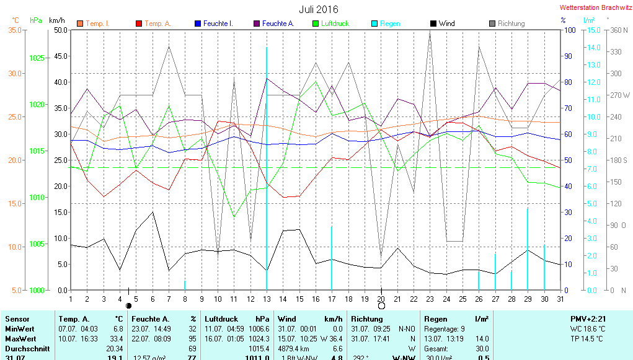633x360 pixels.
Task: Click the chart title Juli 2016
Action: pos(319,9)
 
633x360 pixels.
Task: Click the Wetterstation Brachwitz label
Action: pos(595,8)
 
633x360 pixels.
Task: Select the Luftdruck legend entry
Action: pos(335,24)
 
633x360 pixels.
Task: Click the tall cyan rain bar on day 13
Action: pos(267,167)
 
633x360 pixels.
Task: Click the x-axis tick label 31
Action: pos(560,299)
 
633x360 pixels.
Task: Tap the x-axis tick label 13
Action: pos(267,299)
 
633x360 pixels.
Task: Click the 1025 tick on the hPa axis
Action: pos(37,58)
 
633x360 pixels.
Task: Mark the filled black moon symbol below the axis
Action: pos(128,305)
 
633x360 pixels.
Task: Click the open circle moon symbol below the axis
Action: pos(381,305)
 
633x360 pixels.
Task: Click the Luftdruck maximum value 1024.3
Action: pos(260,339)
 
